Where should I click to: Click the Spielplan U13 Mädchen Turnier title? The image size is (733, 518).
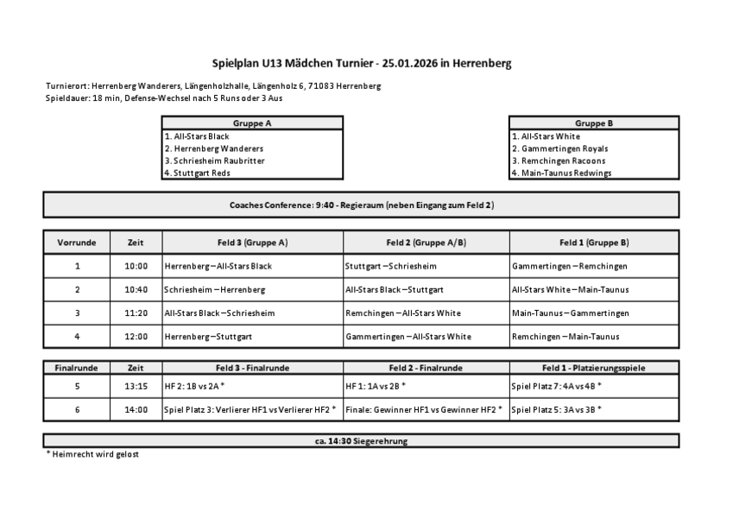point(367,63)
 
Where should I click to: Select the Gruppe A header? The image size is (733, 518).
point(252,123)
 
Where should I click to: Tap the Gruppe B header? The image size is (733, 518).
point(594,123)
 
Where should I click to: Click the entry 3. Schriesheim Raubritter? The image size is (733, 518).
point(214,161)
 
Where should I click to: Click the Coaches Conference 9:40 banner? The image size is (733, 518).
point(361,205)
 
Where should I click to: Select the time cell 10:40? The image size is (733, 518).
point(136,289)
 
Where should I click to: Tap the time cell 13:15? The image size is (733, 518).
point(136,385)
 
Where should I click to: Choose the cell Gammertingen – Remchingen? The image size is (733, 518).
point(569,266)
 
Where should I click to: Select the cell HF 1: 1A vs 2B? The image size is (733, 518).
point(376,385)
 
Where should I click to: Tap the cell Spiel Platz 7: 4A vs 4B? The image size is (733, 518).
point(556,385)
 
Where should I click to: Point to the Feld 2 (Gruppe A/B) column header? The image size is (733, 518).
point(427,243)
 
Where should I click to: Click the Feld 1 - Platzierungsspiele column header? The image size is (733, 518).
point(594,368)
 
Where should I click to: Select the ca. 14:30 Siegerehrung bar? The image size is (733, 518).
point(361,441)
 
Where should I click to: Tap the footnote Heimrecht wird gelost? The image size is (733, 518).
point(92,454)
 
